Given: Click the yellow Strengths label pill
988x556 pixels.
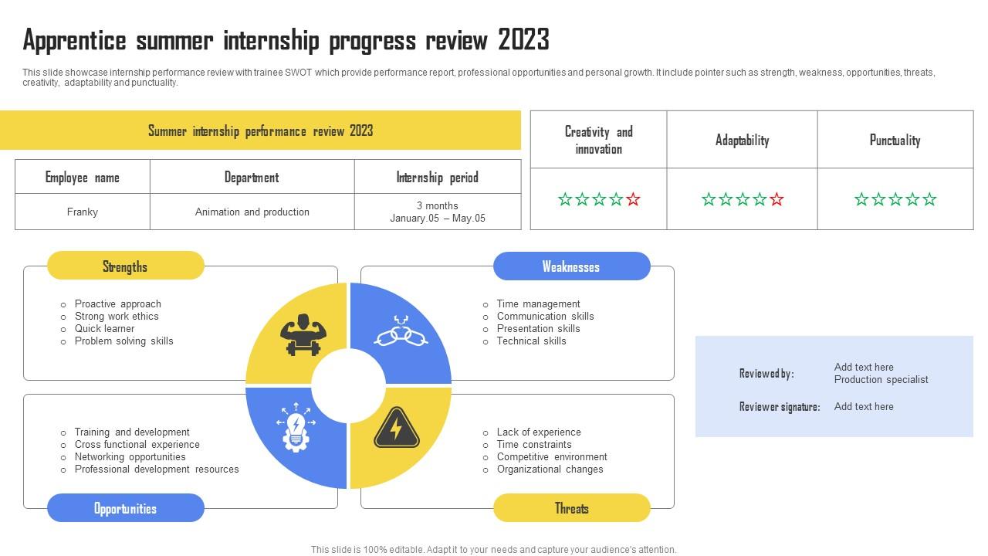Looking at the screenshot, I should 125,266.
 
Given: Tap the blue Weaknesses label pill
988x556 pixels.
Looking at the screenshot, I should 571,266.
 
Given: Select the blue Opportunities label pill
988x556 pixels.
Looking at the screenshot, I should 125,508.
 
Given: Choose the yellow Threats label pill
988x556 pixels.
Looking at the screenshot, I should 571,508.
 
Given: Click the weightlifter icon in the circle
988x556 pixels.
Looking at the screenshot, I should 303,334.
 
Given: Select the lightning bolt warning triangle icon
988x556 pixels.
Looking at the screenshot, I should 396,429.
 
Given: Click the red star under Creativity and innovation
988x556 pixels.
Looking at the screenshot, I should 633,199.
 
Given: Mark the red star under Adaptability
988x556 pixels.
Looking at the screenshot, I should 777,199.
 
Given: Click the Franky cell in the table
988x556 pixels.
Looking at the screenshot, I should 83,212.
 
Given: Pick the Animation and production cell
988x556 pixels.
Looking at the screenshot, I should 252,212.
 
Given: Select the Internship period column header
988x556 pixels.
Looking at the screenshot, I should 438,177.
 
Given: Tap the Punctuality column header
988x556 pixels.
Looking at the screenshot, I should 895,140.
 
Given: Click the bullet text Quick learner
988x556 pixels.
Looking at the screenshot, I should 104,328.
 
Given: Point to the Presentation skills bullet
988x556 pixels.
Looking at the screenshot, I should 538,328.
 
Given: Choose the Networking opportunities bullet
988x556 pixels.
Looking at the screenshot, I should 130,456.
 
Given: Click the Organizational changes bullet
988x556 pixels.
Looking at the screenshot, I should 550,469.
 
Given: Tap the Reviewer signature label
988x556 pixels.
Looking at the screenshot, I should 779,407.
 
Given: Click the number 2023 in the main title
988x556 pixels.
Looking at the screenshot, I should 523,39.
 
